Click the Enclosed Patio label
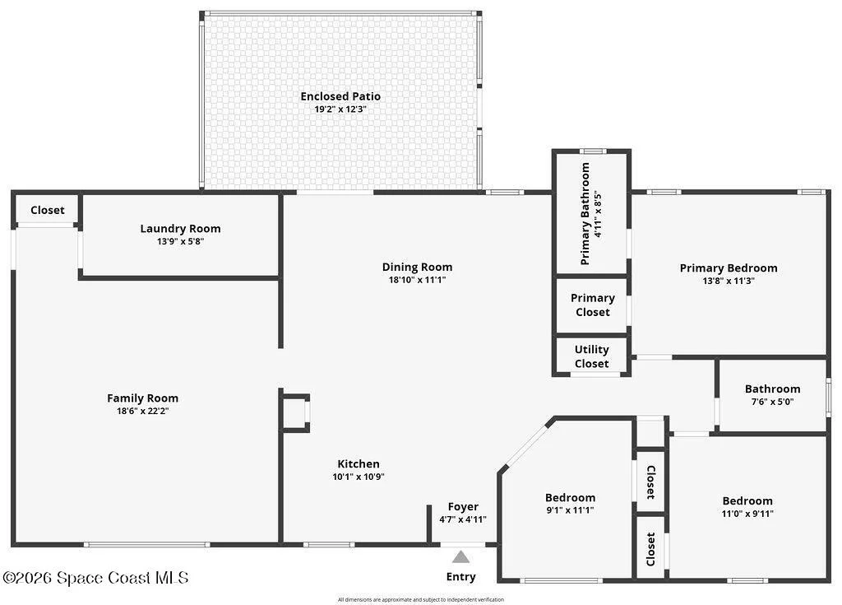[x=340, y=96]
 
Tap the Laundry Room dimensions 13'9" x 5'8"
[x=180, y=241]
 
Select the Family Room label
[x=142, y=398]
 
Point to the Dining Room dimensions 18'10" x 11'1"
[x=417, y=280]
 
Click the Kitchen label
[x=359, y=463]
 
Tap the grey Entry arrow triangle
[x=460, y=556]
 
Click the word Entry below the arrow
[x=460, y=576]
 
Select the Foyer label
[x=463, y=506]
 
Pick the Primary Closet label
[x=593, y=305]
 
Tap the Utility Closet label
[x=592, y=356]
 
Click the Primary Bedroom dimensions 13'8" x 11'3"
[x=729, y=281]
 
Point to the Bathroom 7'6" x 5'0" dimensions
[x=772, y=402]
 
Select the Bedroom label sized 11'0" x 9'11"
[x=747, y=500]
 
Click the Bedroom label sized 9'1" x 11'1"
[x=571, y=497]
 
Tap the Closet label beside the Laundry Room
[x=47, y=210]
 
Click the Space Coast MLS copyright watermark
[x=95, y=578]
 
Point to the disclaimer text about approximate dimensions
[x=421, y=599]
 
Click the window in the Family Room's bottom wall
[x=146, y=545]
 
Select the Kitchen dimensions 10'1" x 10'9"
[x=359, y=477]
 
